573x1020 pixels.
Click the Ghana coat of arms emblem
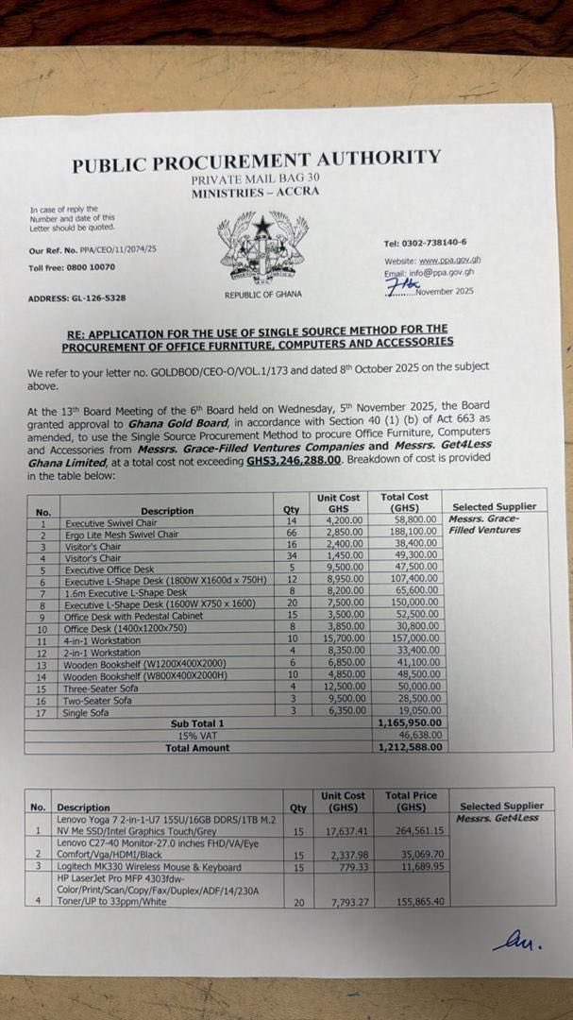click(262, 246)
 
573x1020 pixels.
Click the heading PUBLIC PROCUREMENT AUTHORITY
click(256, 161)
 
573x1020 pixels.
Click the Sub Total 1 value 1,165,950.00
click(410, 723)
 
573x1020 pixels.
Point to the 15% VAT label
click(197, 736)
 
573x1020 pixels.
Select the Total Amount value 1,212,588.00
click(410, 747)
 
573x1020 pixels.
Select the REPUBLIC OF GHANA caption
click(263, 295)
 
